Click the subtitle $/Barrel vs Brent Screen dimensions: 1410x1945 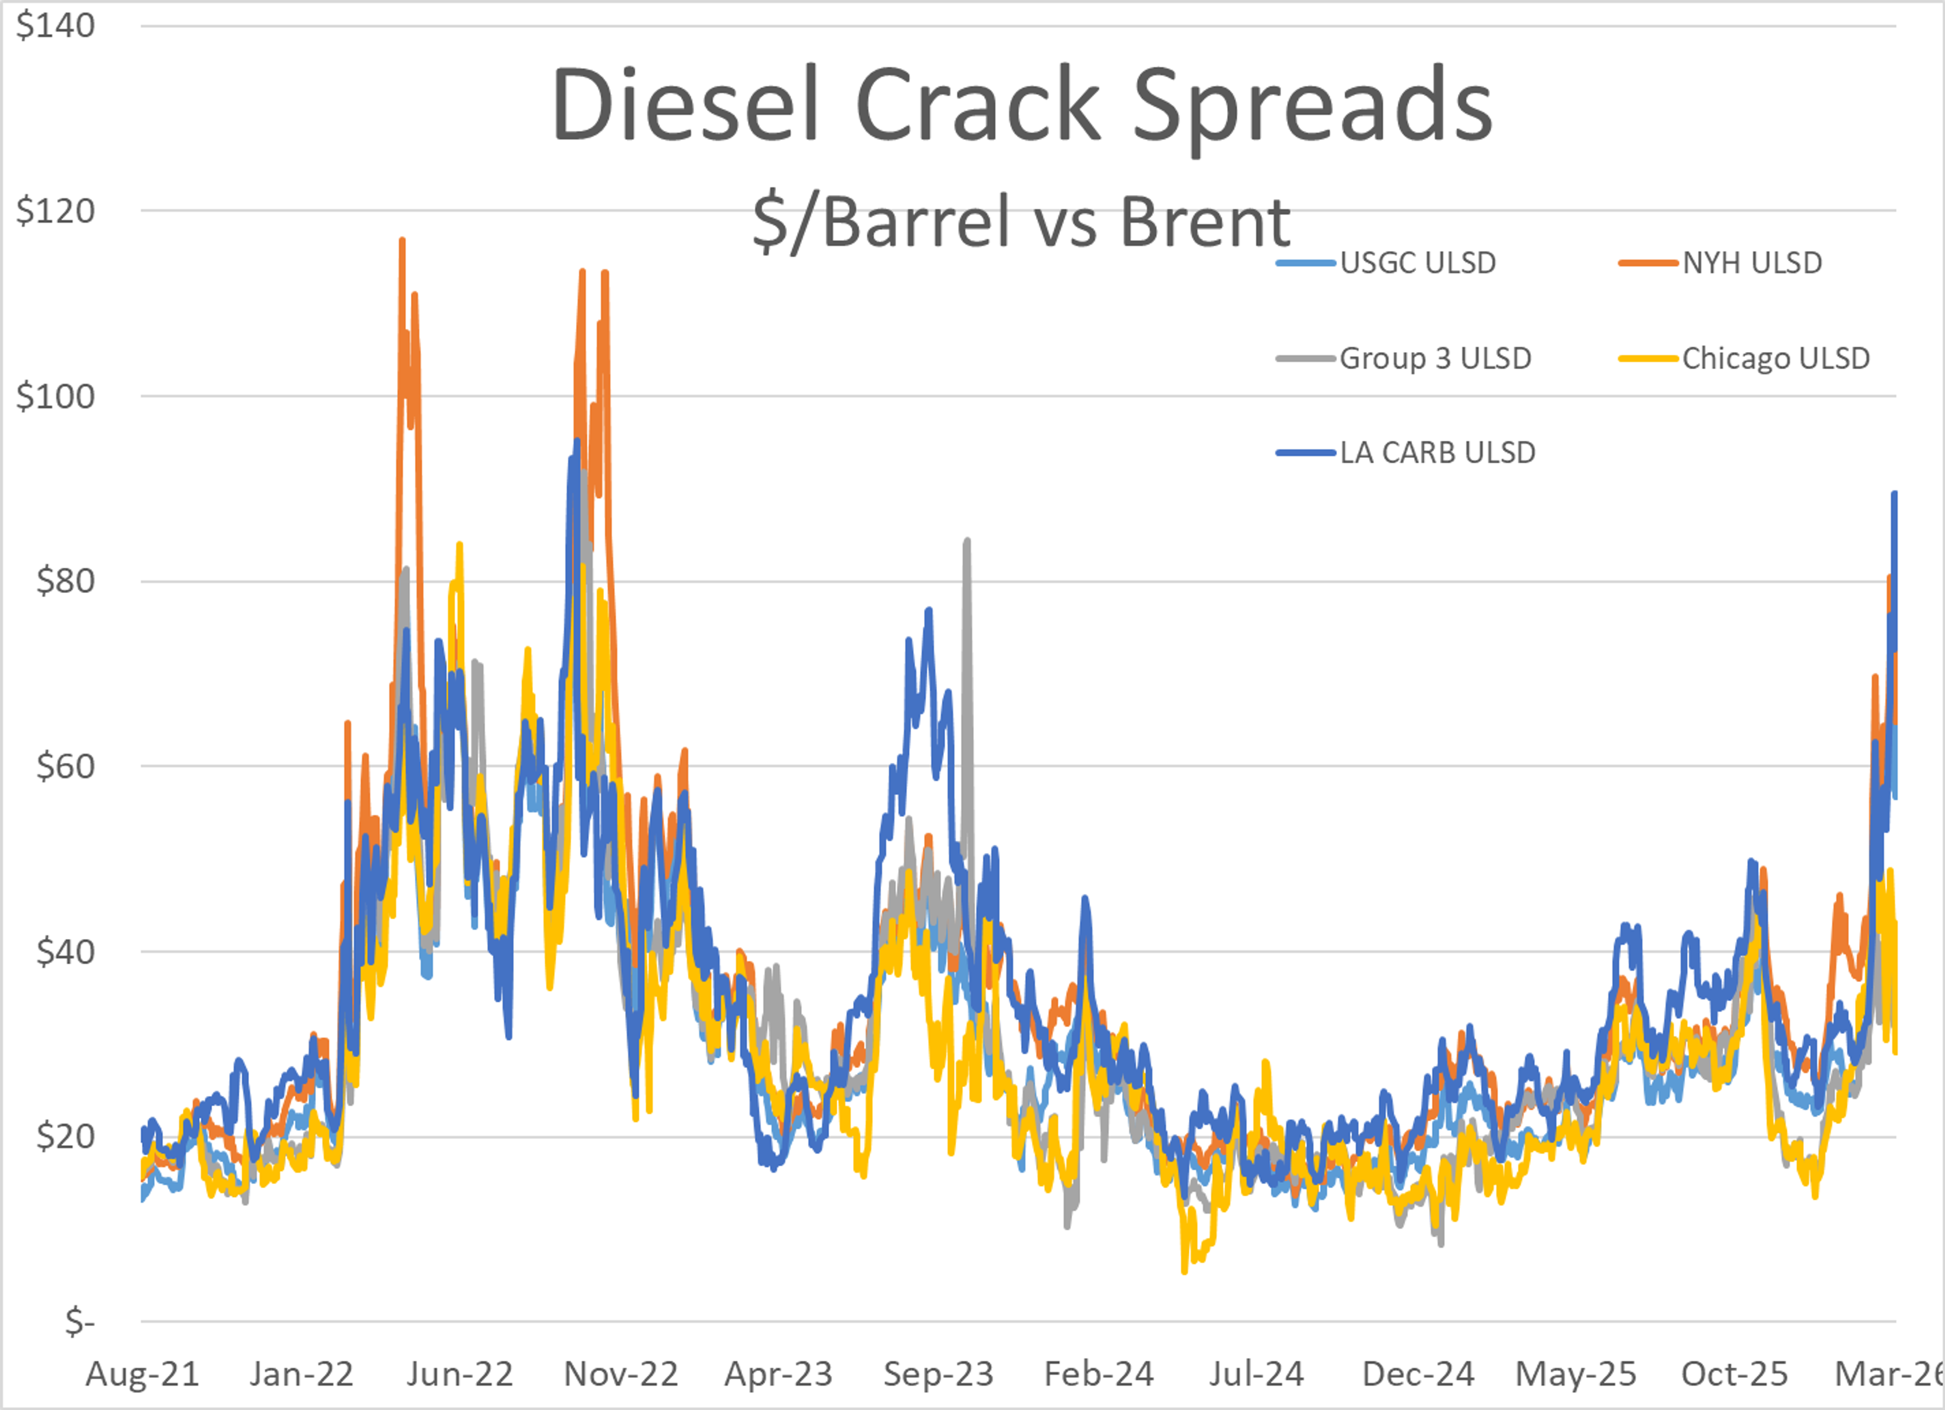(1021, 221)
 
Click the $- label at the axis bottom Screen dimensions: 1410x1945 (79, 1322)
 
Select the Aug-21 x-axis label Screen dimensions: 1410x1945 (142, 1374)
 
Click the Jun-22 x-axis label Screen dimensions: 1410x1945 (460, 1374)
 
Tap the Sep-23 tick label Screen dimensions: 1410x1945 (938, 1374)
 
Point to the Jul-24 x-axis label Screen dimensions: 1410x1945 (1256, 1374)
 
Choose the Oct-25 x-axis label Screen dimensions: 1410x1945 (1734, 1374)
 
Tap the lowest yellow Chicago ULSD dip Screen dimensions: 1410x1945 (1184, 1271)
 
